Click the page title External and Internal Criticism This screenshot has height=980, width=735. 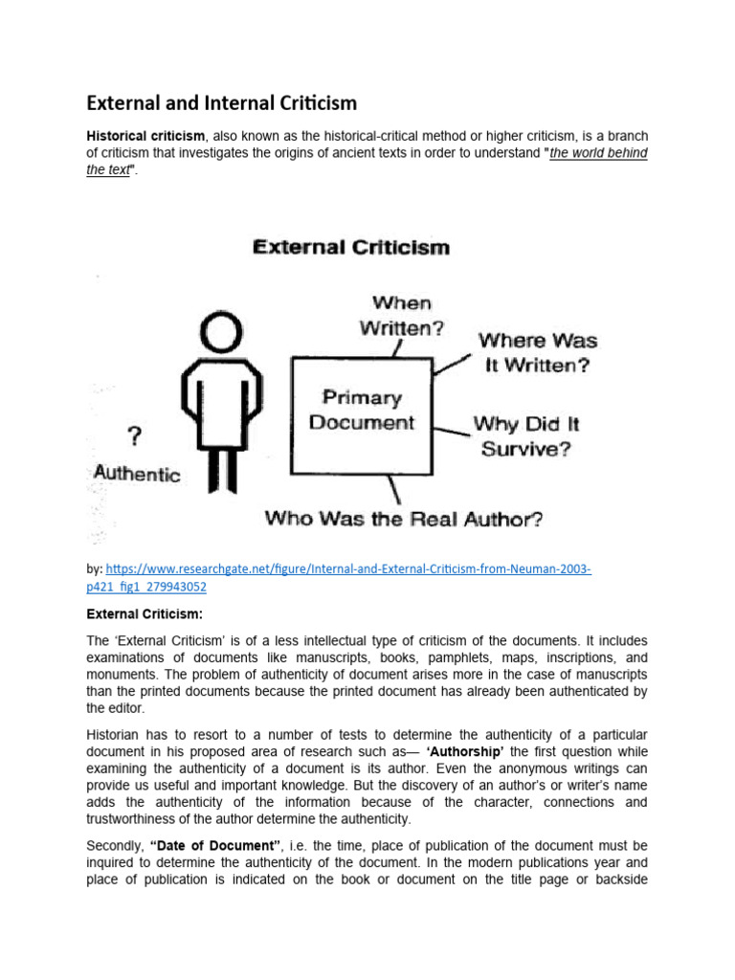click(x=222, y=101)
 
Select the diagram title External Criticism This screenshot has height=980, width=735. click(x=350, y=247)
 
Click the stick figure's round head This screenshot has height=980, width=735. click(x=222, y=337)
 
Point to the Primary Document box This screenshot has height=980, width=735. click(x=362, y=409)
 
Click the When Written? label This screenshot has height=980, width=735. click(x=402, y=316)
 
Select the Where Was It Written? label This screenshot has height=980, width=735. click(x=537, y=351)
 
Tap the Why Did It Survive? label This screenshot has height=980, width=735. click(x=525, y=435)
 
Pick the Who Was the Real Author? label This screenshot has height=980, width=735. click(x=404, y=520)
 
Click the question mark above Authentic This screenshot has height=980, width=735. click(x=136, y=437)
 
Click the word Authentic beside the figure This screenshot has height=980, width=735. click(x=136, y=473)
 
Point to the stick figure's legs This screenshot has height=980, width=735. click(x=222, y=474)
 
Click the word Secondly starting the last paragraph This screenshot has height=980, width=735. click(x=116, y=846)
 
